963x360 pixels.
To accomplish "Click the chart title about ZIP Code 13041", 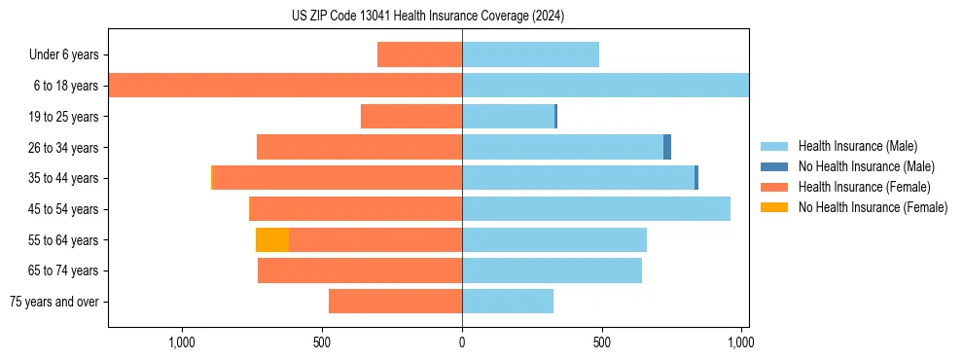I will click(x=427, y=17).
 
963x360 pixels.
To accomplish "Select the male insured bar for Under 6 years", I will click(x=530, y=54).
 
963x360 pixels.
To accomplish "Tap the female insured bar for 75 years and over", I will click(x=395, y=302).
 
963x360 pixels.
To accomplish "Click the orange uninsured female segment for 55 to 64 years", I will click(x=272, y=239).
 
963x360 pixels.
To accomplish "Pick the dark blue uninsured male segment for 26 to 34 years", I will click(x=667, y=147).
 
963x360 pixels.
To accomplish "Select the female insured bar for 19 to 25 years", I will click(x=411, y=117).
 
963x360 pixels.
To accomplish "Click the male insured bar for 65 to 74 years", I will click(x=552, y=270).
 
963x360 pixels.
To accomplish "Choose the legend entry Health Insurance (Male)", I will click(x=856, y=146).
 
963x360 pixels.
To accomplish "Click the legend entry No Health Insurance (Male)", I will click(x=865, y=166).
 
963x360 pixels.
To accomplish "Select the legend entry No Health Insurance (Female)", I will click(x=872, y=207).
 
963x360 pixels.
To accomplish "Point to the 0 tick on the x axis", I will click(x=462, y=342).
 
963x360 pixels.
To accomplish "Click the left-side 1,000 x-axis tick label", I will click(x=182, y=342).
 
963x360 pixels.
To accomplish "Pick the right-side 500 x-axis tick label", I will click(x=602, y=342).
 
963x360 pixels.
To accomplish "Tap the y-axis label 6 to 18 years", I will click(x=66, y=86).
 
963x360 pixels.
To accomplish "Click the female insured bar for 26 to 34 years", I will click(x=359, y=147).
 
